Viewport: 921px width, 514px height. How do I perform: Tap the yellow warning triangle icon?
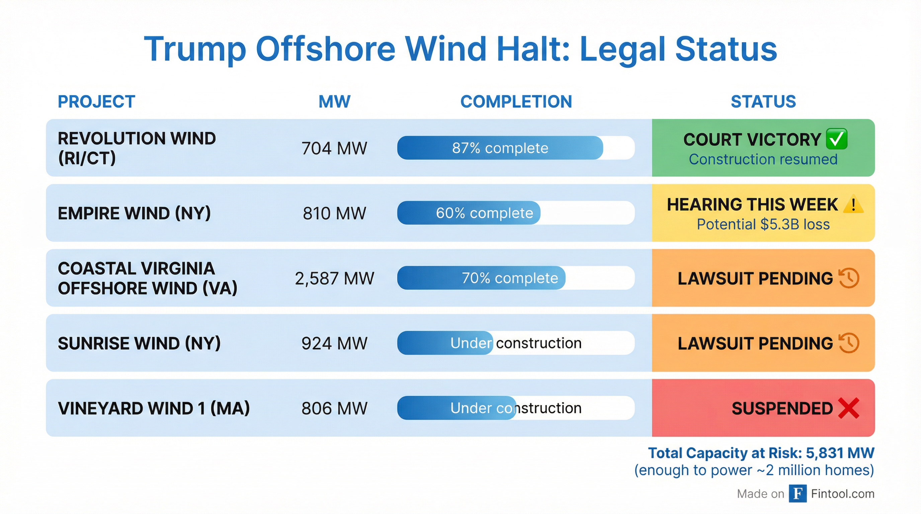click(x=853, y=205)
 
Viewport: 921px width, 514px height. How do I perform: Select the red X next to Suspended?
click(x=848, y=408)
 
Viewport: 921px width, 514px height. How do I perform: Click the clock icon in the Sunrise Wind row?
click(x=849, y=343)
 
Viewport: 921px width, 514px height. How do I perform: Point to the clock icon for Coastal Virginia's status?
click(x=849, y=278)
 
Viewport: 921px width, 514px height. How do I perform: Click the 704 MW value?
click(x=334, y=148)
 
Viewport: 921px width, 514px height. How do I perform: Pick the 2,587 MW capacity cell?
click(x=334, y=278)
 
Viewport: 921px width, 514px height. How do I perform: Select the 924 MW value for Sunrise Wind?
click(x=334, y=343)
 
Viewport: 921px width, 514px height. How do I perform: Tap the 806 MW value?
click(x=334, y=409)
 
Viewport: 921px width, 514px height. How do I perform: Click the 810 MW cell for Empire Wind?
click(x=334, y=213)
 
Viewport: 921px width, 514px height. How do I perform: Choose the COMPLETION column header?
click(x=516, y=102)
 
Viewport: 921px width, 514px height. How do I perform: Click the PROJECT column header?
click(x=96, y=102)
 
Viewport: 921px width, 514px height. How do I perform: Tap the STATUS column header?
click(x=763, y=102)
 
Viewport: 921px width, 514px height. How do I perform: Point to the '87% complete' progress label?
click(x=500, y=148)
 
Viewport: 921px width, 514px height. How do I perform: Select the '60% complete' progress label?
click(x=485, y=213)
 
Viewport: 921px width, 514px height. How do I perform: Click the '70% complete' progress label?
click(x=510, y=278)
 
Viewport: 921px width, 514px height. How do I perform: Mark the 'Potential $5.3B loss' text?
click(x=763, y=225)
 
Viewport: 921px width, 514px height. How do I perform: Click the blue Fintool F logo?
click(x=798, y=494)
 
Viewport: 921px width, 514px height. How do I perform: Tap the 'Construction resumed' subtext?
click(x=763, y=159)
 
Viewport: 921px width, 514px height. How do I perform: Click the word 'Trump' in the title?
click(x=195, y=49)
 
